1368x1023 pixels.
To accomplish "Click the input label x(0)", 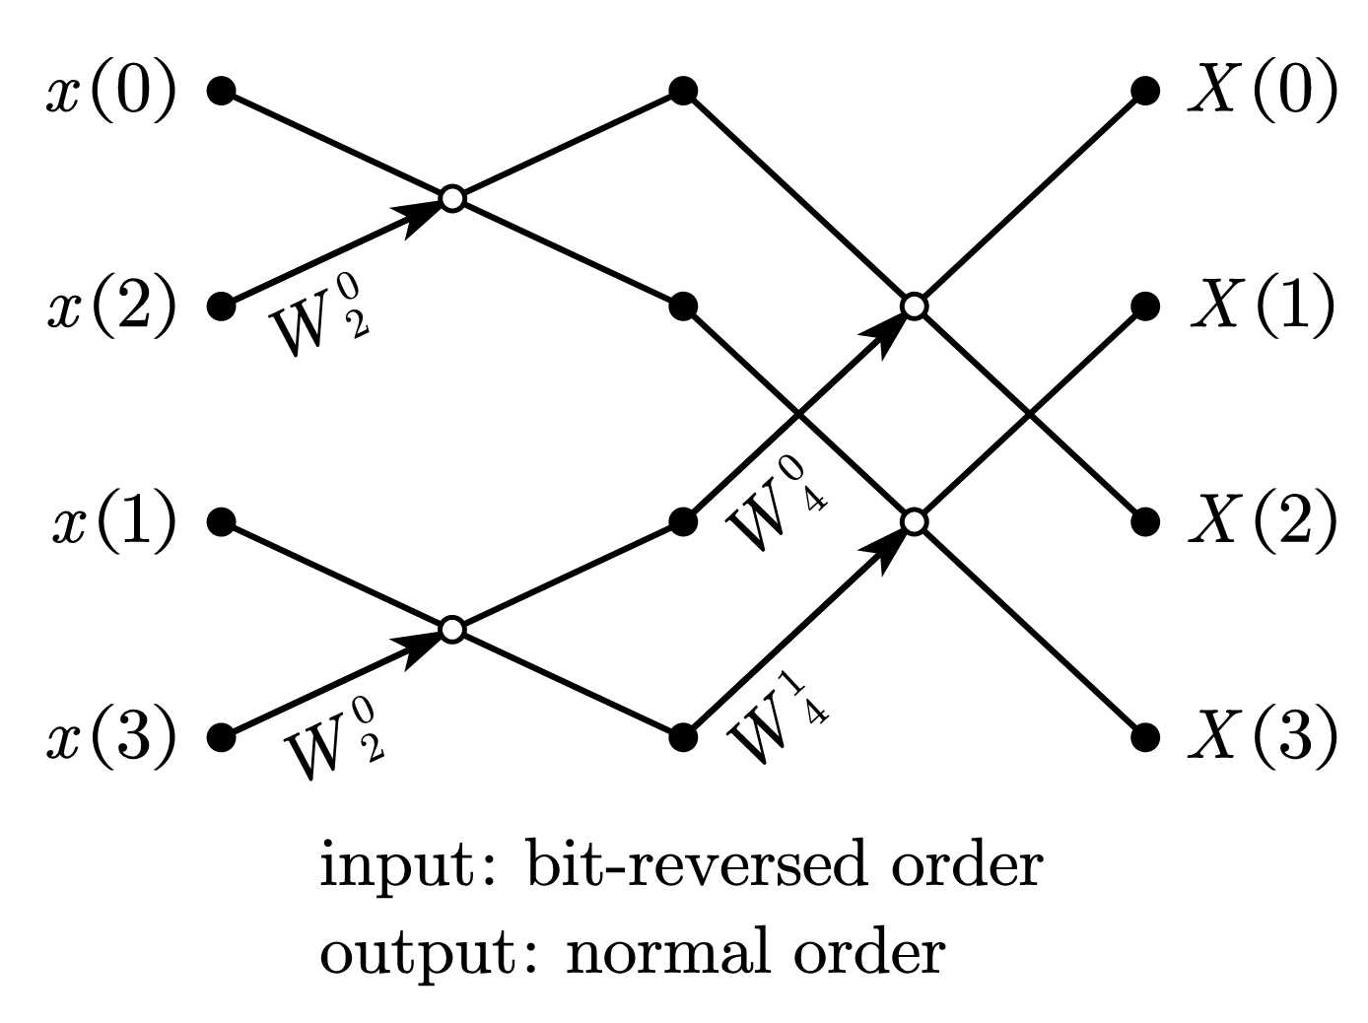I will click(x=111, y=94).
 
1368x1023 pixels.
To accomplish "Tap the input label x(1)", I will click(x=114, y=522).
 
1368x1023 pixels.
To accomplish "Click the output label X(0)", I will click(x=1263, y=94).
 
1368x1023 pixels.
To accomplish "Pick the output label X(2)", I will click(x=1263, y=522).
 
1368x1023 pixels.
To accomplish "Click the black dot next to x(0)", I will click(x=222, y=92).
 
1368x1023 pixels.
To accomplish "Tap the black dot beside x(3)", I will click(x=222, y=737).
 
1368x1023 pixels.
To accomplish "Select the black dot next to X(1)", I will click(x=1144, y=307).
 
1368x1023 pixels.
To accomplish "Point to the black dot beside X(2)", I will click(x=1144, y=521).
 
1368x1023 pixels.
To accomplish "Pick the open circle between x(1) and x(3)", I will click(x=451, y=629).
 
